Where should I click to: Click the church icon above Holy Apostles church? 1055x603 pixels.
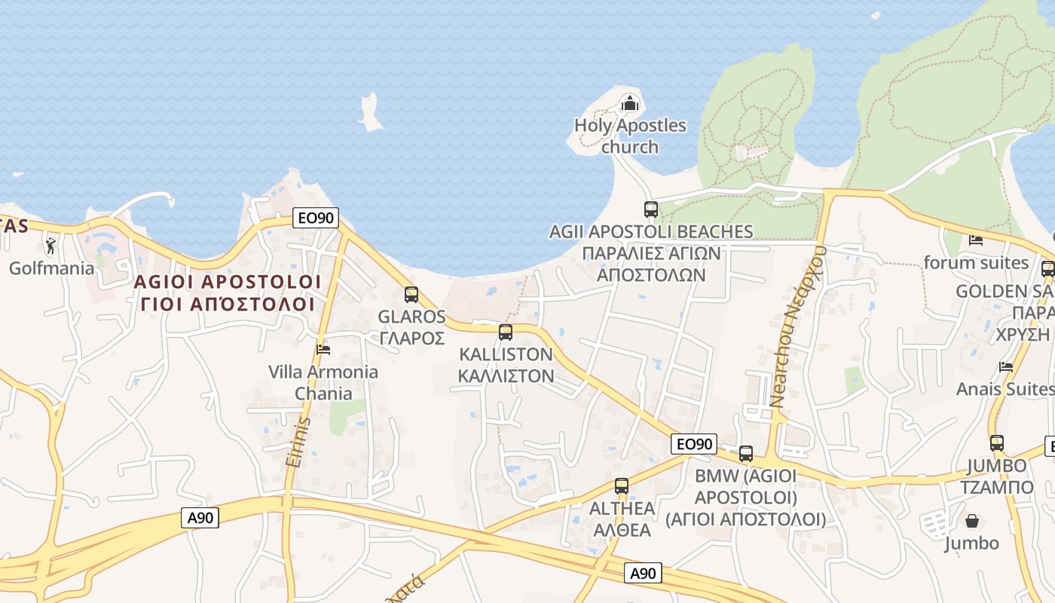point(629,103)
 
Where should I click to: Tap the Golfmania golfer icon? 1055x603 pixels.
point(50,246)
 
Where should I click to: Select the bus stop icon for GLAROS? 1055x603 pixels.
point(411,295)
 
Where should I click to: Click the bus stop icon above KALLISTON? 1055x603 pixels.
point(506,332)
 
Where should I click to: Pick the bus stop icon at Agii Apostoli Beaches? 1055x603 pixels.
point(651,210)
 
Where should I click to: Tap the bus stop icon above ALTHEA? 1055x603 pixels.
point(622,486)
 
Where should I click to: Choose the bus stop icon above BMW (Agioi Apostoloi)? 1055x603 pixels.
point(746,454)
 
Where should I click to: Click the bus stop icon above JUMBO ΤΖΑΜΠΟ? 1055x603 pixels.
point(997,443)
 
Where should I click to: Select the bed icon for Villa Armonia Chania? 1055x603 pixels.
point(323,349)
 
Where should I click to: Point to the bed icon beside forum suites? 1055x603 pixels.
point(976,240)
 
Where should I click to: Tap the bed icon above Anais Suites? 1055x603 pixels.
point(1006,367)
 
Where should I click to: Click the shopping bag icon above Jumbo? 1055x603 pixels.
point(972,521)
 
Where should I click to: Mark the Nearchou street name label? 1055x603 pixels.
point(798,326)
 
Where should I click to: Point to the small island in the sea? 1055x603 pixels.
point(369,112)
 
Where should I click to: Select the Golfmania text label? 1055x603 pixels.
point(52,268)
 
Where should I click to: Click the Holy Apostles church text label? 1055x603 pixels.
point(630,136)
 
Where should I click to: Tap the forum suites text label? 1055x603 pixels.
point(976,262)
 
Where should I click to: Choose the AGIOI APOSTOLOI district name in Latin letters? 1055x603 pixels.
point(228,282)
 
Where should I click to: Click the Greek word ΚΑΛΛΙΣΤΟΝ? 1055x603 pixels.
point(506,375)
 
